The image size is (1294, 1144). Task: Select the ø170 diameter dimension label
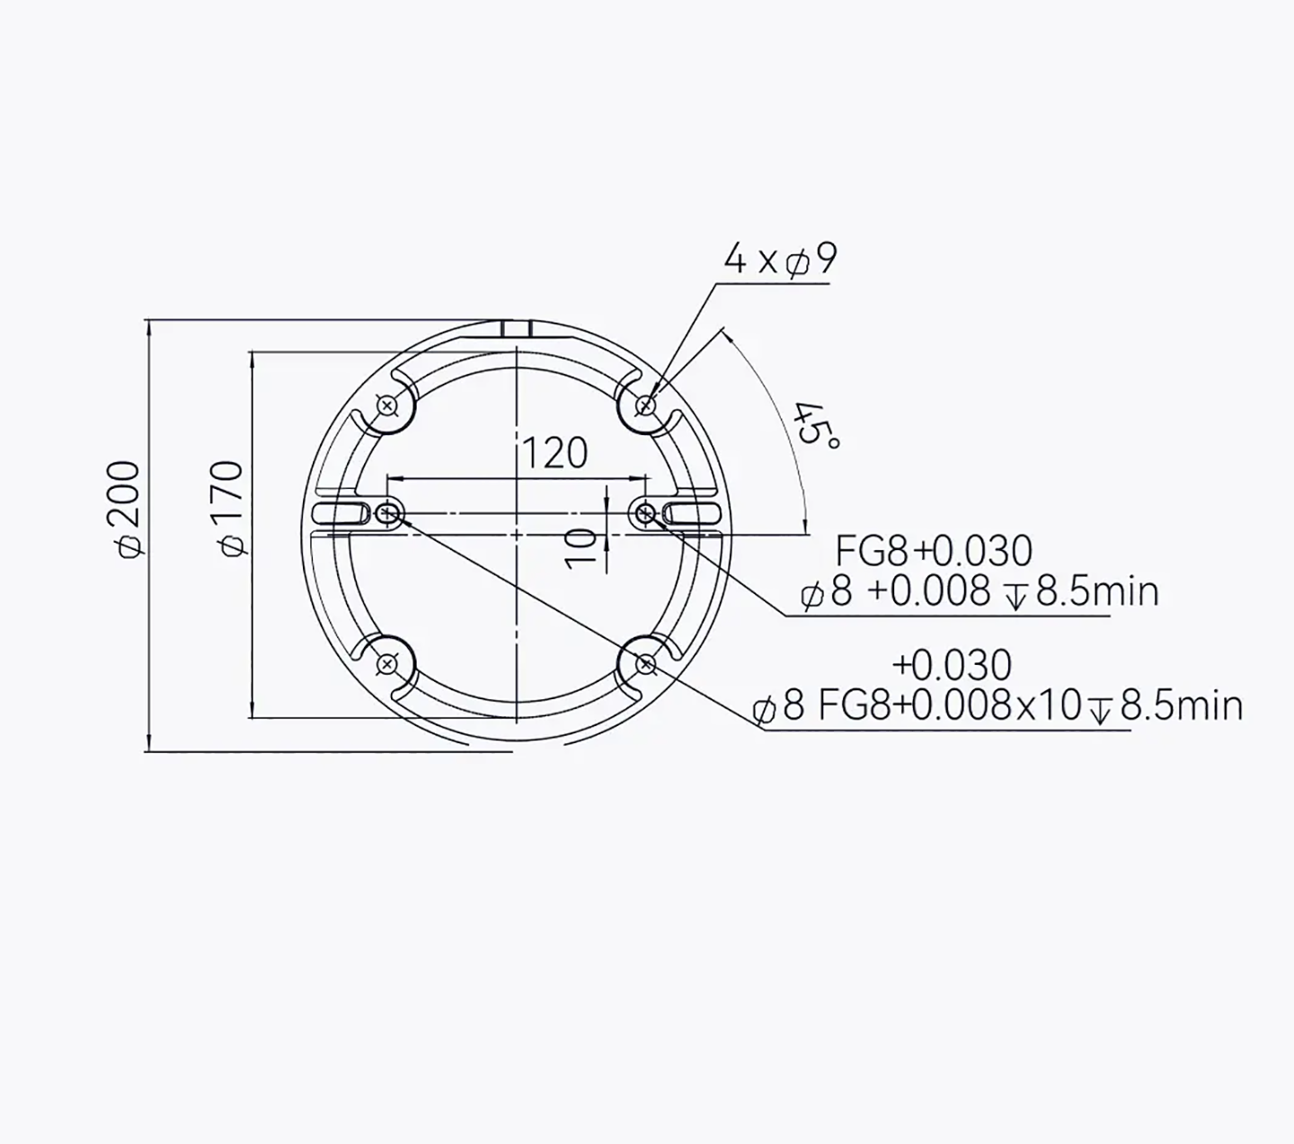click(x=230, y=509)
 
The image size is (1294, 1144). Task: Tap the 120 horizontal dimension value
click(x=554, y=453)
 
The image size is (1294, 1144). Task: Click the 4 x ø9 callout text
click(x=780, y=260)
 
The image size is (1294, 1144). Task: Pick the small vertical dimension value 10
click(x=580, y=548)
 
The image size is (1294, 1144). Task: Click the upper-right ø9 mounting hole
click(x=646, y=405)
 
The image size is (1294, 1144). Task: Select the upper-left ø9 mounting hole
click(x=386, y=405)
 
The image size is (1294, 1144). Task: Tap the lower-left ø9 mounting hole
click(x=386, y=665)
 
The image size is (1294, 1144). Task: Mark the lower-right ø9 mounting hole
click(x=646, y=665)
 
